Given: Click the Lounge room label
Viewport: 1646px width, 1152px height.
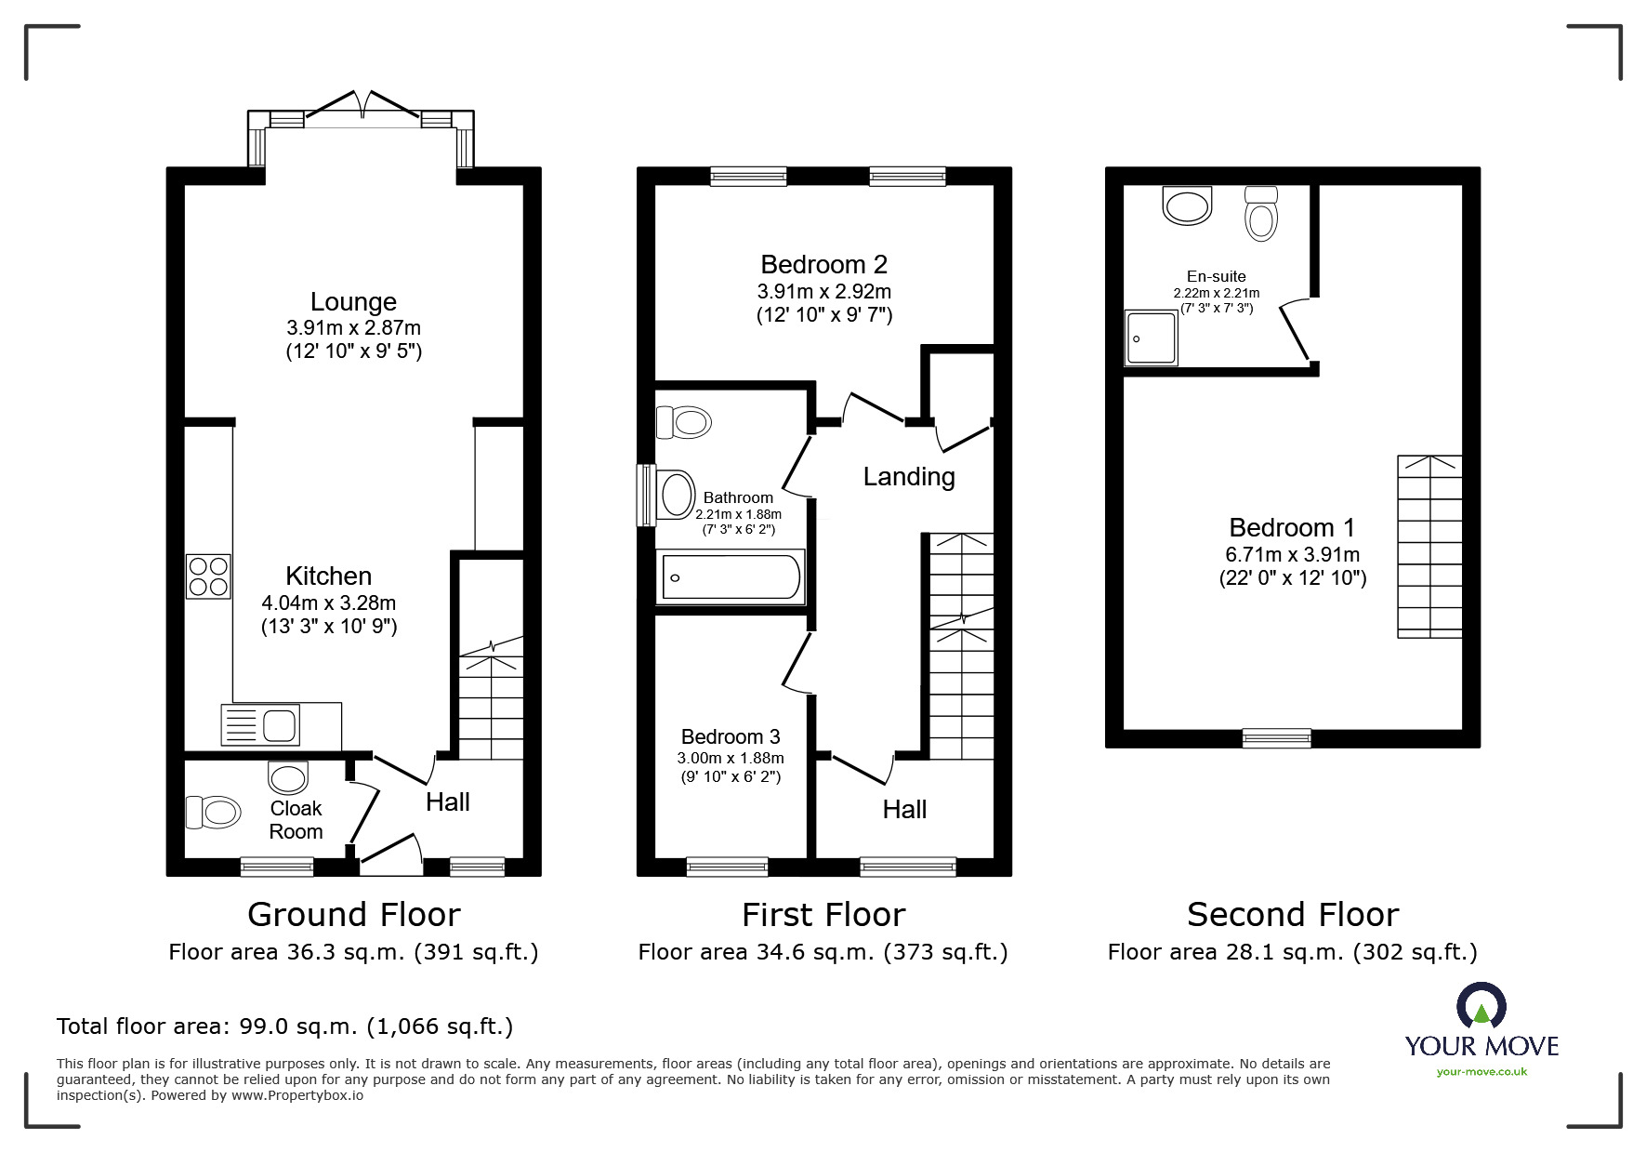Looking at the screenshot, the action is (x=353, y=301).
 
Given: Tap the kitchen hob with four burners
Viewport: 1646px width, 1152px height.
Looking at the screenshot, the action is (x=208, y=576).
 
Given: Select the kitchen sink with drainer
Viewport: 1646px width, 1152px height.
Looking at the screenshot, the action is (x=260, y=725).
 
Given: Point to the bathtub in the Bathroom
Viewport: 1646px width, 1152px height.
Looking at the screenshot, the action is (x=731, y=577).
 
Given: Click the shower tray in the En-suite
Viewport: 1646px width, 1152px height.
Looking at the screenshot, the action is (x=1151, y=338).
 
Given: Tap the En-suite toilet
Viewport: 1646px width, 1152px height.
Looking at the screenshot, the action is (x=1260, y=213).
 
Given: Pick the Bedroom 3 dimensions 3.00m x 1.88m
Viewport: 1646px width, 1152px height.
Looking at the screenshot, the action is (x=731, y=758).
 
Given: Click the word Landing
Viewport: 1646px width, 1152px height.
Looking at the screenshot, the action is (x=909, y=477).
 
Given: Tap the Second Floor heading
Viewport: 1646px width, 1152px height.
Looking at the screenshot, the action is (x=1293, y=915).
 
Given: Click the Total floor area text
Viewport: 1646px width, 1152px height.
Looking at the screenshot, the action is (x=284, y=1026).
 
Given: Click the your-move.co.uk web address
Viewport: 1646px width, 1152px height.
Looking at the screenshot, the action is (x=1481, y=1072).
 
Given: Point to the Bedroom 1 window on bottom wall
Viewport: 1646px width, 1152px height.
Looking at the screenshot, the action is (x=1277, y=738).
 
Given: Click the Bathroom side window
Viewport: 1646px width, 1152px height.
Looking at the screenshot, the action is (x=646, y=495).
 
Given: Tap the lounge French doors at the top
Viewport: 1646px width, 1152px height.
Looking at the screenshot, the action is (x=362, y=107).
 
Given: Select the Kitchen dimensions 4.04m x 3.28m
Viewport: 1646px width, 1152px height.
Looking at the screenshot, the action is (x=329, y=602).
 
